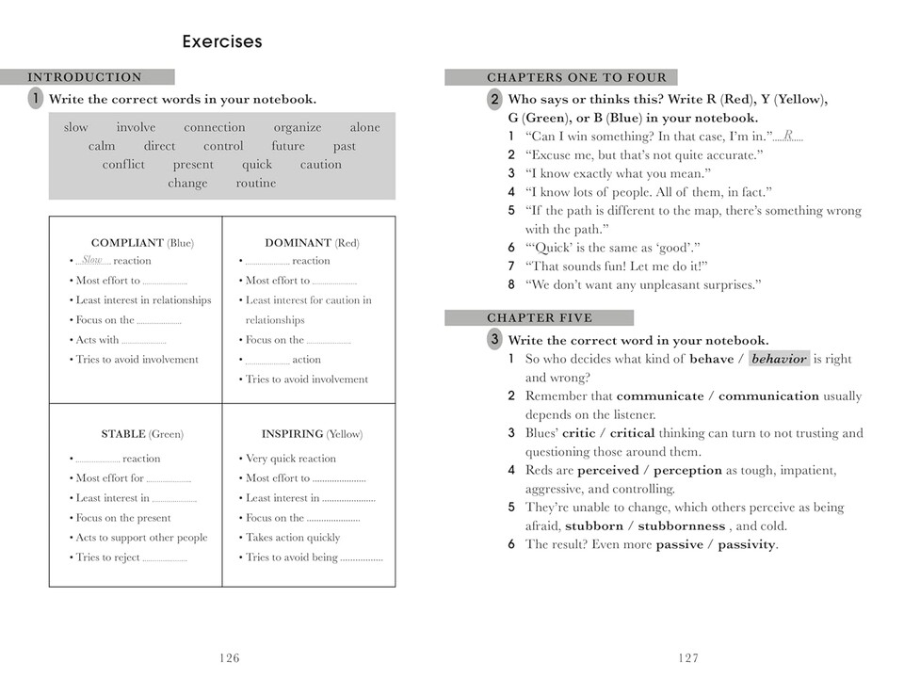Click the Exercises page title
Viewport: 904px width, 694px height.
click(x=222, y=41)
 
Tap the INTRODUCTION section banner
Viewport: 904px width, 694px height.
click(x=86, y=77)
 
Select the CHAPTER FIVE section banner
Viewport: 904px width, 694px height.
click(x=540, y=318)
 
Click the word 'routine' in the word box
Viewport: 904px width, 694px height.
click(x=256, y=183)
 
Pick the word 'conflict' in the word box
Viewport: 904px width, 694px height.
click(x=123, y=164)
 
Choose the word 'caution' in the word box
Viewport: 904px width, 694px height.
click(x=321, y=164)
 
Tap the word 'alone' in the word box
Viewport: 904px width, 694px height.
click(x=364, y=127)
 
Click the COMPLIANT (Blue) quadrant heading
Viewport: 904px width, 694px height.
click(x=142, y=243)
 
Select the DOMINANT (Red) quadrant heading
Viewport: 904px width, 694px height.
click(x=311, y=243)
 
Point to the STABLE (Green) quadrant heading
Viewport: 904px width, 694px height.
click(x=142, y=434)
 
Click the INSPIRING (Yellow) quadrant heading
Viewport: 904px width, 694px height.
click(x=311, y=434)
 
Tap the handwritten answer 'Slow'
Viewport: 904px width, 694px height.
click(x=92, y=260)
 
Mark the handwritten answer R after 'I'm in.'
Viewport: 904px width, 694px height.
click(x=788, y=136)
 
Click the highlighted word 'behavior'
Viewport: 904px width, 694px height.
click(x=779, y=359)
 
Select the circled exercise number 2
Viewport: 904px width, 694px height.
click(x=494, y=100)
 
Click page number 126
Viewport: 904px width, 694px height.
click(x=229, y=658)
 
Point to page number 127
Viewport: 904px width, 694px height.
click(x=688, y=658)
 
